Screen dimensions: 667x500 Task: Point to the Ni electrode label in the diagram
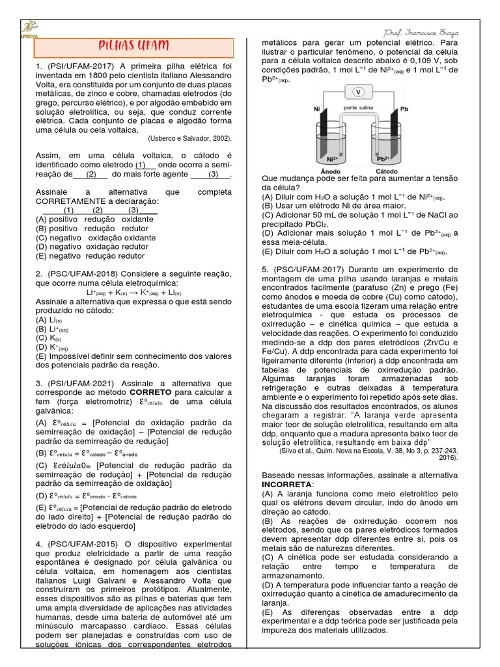317,109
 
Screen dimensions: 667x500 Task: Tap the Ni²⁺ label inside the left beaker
332,157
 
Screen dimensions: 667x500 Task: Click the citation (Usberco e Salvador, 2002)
189,138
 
